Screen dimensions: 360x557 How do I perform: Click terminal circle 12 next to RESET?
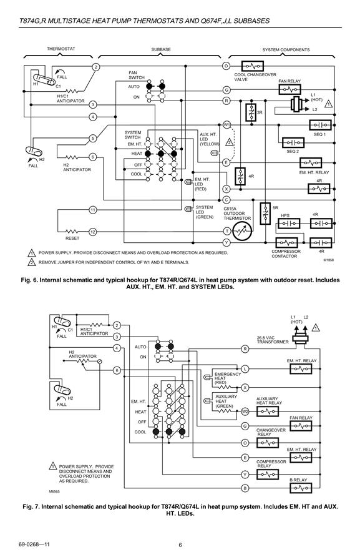coord(93,232)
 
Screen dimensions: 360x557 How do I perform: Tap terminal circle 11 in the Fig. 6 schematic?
coord(93,210)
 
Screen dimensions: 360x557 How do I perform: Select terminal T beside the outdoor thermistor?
coord(226,232)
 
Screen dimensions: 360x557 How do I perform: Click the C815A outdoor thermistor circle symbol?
coord(242,232)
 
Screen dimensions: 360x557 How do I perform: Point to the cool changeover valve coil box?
coord(253,66)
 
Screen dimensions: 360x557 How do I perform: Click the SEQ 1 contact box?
coord(320,125)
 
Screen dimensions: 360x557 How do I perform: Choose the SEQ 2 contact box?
coord(293,142)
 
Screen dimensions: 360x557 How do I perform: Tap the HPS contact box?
coord(289,224)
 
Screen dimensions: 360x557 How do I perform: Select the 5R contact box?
coord(265,213)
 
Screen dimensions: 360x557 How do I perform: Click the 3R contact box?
coord(251,112)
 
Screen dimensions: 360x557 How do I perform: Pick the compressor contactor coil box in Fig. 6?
coord(286,243)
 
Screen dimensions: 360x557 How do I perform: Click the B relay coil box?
coord(301,488)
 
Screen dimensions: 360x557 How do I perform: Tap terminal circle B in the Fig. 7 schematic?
coord(245,488)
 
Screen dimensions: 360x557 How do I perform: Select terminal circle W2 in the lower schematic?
coord(245,412)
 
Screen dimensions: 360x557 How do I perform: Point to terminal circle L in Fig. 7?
coord(245,368)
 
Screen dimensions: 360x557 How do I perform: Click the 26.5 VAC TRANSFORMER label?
coord(273,340)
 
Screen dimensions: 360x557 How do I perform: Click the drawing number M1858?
coord(328,260)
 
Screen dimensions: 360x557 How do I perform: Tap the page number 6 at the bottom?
coord(180,545)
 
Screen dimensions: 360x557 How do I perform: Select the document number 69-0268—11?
coord(34,545)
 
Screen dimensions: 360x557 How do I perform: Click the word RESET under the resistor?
coord(72,238)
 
